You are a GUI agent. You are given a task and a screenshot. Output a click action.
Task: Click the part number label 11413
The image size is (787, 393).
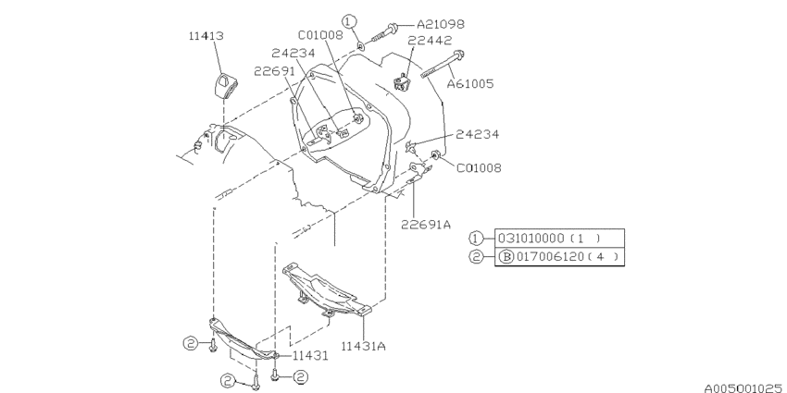206,36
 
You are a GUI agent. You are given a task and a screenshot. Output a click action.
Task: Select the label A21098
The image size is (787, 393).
441,24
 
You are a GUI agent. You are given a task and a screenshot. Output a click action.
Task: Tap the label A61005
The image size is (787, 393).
470,84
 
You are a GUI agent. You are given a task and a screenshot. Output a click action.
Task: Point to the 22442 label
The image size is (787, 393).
430,40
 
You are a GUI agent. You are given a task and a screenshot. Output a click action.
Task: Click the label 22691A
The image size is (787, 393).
426,225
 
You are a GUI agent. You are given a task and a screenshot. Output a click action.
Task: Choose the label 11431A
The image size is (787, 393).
364,346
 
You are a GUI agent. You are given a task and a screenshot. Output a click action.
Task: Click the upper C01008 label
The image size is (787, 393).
320,35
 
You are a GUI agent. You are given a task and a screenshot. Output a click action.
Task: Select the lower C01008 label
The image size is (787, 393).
479,168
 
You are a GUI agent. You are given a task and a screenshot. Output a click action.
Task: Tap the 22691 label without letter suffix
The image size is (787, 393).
274,71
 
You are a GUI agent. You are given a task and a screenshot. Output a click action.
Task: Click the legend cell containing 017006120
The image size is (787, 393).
559,257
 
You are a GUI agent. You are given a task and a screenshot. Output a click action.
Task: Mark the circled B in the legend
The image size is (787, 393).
506,257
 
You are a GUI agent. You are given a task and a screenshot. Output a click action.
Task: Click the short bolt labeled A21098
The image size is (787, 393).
385,32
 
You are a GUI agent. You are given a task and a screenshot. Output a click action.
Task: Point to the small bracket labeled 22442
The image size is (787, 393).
402,81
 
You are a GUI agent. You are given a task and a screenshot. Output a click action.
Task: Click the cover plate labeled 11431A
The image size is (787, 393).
326,291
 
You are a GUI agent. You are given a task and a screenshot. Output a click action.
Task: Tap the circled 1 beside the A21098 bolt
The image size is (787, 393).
349,21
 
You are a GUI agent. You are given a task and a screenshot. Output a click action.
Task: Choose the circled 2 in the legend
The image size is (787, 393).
476,257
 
